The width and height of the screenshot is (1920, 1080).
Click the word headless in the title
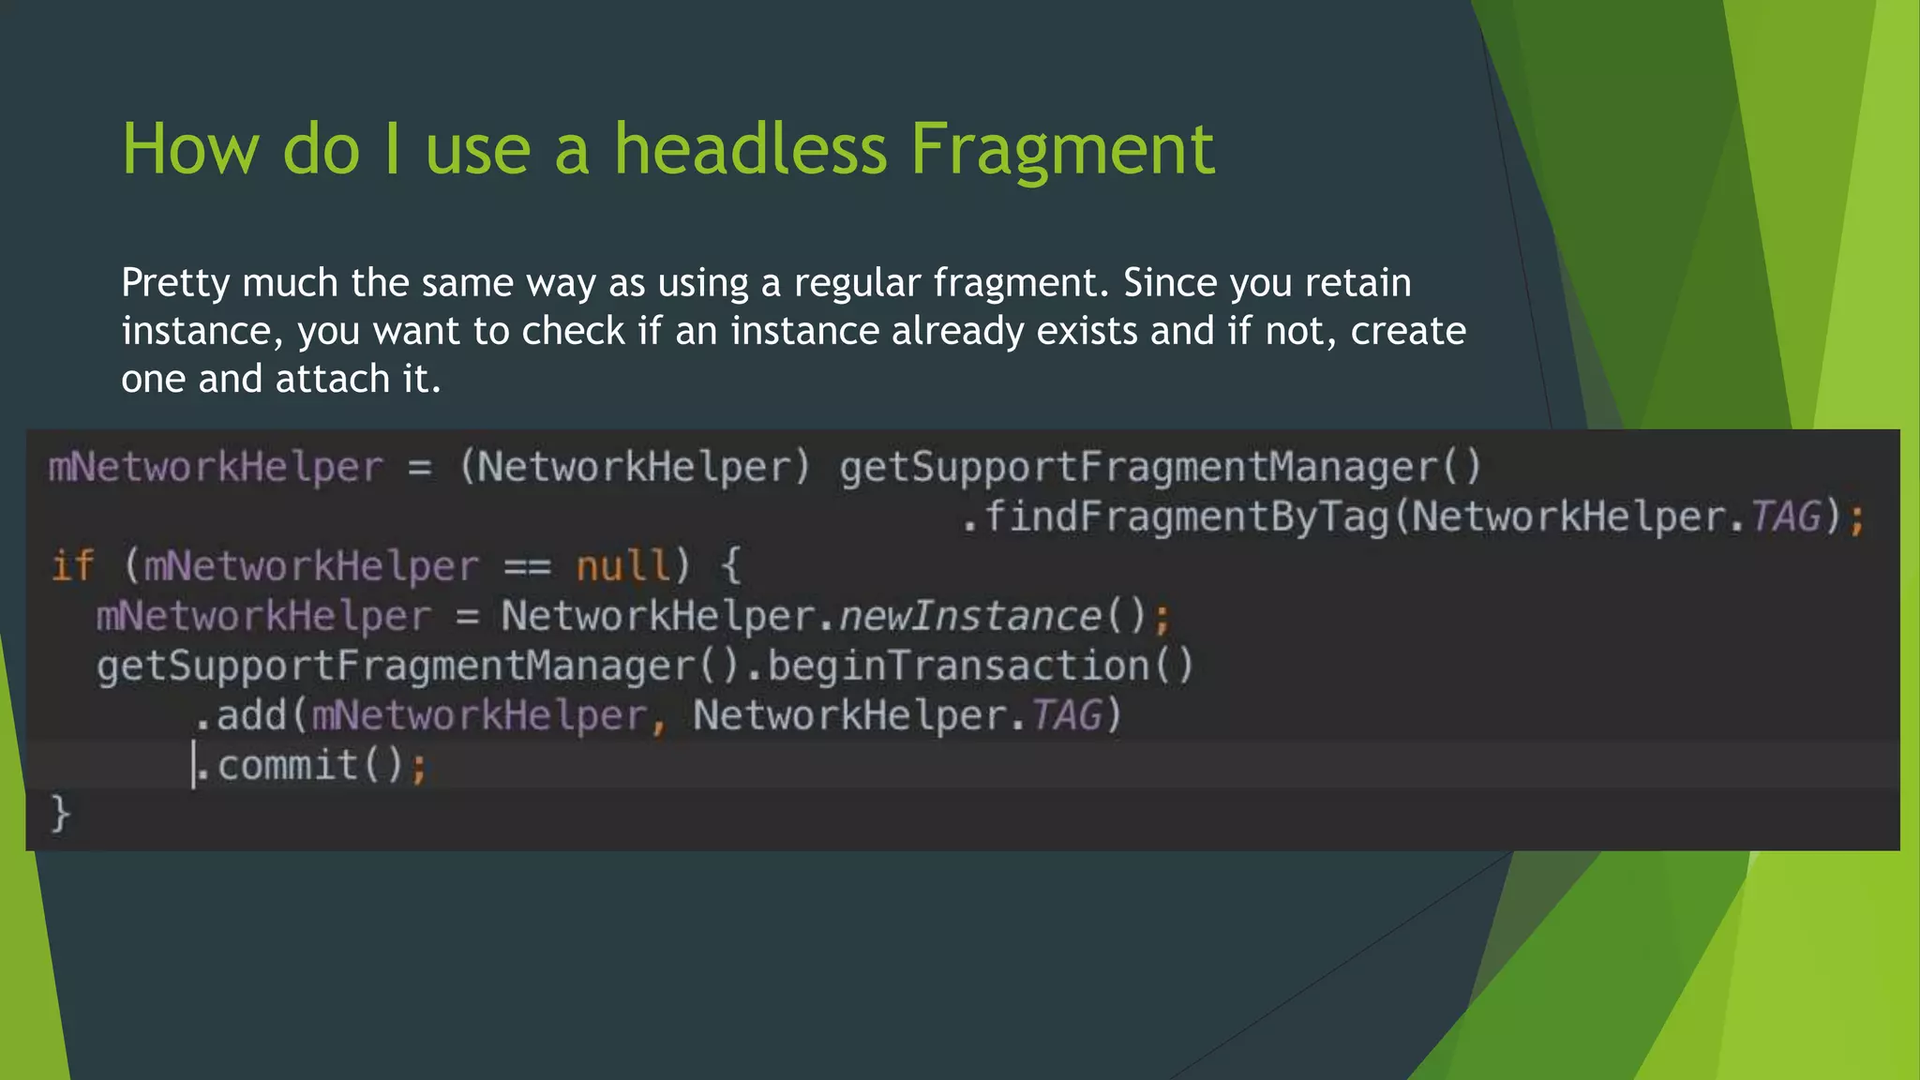point(750,149)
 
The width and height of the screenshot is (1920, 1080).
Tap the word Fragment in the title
point(1062,149)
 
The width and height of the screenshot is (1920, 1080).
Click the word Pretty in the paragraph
point(175,283)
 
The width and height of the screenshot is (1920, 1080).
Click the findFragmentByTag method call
point(1186,517)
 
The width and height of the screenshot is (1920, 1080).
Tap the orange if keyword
point(72,566)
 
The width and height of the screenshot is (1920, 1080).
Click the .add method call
point(242,715)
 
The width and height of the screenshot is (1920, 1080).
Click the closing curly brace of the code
point(60,812)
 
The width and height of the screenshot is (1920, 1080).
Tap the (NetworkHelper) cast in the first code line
point(635,467)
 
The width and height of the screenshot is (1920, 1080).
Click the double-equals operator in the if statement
point(527,566)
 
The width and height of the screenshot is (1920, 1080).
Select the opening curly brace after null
point(730,566)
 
